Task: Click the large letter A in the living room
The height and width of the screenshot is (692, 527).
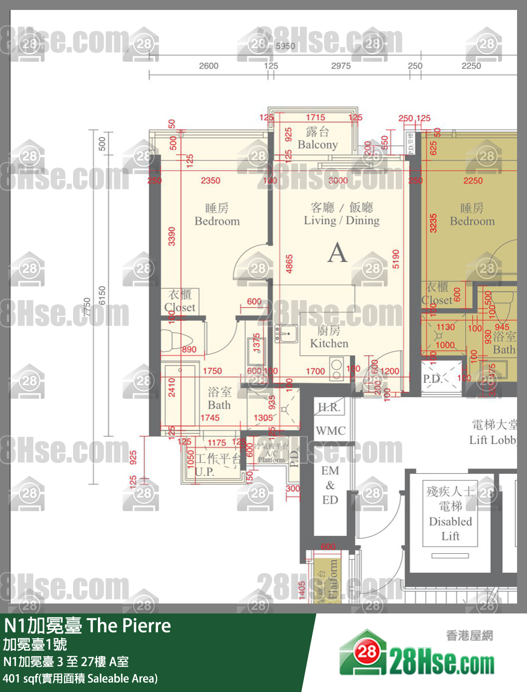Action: [337, 253]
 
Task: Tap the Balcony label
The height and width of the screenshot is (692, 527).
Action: [318, 145]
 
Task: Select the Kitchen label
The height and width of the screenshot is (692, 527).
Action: [329, 344]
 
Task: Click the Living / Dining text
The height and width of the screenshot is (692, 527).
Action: [342, 220]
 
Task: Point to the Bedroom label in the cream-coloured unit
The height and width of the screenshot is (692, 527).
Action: [217, 221]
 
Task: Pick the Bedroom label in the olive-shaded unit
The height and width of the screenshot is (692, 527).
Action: [472, 221]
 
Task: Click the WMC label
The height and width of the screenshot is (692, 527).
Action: [330, 431]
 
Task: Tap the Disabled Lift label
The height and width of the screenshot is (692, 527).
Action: [450, 528]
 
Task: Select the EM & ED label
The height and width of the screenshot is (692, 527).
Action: [330, 485]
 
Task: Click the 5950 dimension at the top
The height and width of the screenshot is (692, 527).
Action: [285, 46]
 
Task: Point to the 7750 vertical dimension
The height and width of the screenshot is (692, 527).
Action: [87, 307]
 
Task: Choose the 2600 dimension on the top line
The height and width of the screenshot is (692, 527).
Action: [208, 66]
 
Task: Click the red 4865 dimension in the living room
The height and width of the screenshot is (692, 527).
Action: [289, 264]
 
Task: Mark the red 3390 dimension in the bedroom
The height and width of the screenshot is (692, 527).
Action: [172, 236]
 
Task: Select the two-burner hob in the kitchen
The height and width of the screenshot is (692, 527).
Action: [337, 369]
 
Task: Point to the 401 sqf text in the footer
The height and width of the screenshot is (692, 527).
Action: [20, 679]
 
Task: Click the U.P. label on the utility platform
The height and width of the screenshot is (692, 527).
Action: [204, 472]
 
